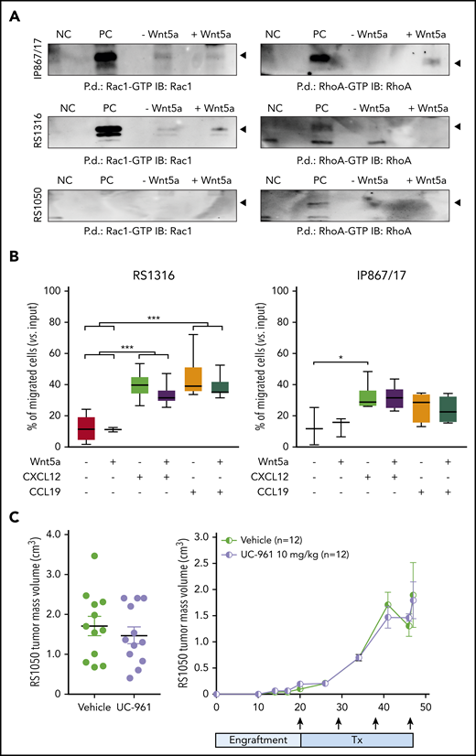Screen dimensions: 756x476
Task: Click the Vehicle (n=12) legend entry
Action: click(x=276, y=540)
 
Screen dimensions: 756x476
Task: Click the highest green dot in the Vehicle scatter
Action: click(x=93, y=556)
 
